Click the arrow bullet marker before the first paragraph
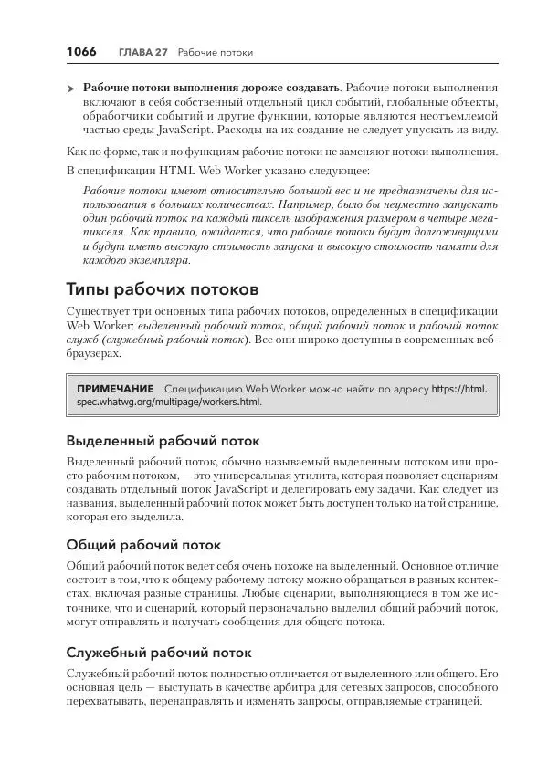coord(71,87)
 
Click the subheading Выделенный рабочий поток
coord(163,438)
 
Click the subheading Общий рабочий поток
coord(144,545)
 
